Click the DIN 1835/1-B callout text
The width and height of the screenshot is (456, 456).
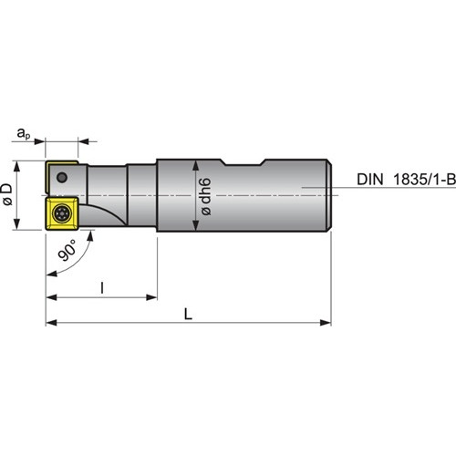point(406,180)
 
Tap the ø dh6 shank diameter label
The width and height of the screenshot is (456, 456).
point(206,197)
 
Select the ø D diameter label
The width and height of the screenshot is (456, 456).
point(7,194)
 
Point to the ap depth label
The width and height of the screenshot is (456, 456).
point(24,133)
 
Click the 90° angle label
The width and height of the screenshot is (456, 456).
point(67,250)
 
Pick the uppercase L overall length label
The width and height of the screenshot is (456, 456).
point(189,314)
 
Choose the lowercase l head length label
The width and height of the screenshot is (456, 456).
point(102,288)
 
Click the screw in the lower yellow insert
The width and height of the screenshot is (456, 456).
point(62,213)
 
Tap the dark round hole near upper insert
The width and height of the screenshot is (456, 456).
point(62,177)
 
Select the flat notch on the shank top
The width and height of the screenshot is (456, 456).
point(244,163)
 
